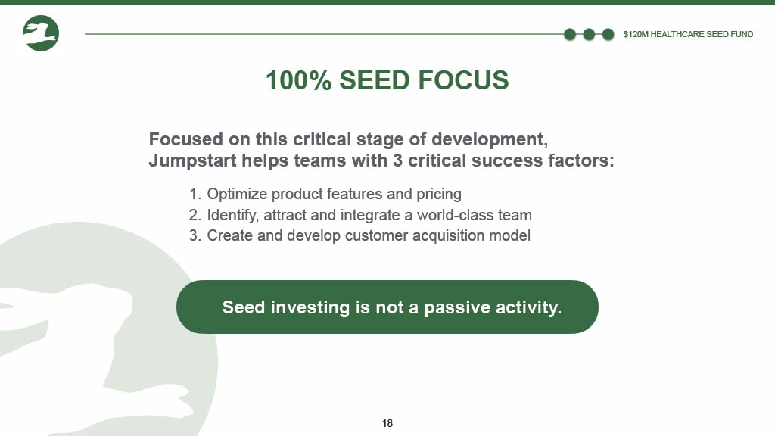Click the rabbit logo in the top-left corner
point(41,33)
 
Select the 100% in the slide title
point(298,80)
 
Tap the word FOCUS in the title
point(463,80)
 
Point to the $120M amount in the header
point(636,34)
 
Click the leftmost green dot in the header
point(570,34)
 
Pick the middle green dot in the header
point(589,34)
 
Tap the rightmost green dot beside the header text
point(608,34)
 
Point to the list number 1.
point(195,194)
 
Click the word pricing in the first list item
point(439,195)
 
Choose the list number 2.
point(195,215)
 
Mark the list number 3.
point(195,236)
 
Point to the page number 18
point(387,423)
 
